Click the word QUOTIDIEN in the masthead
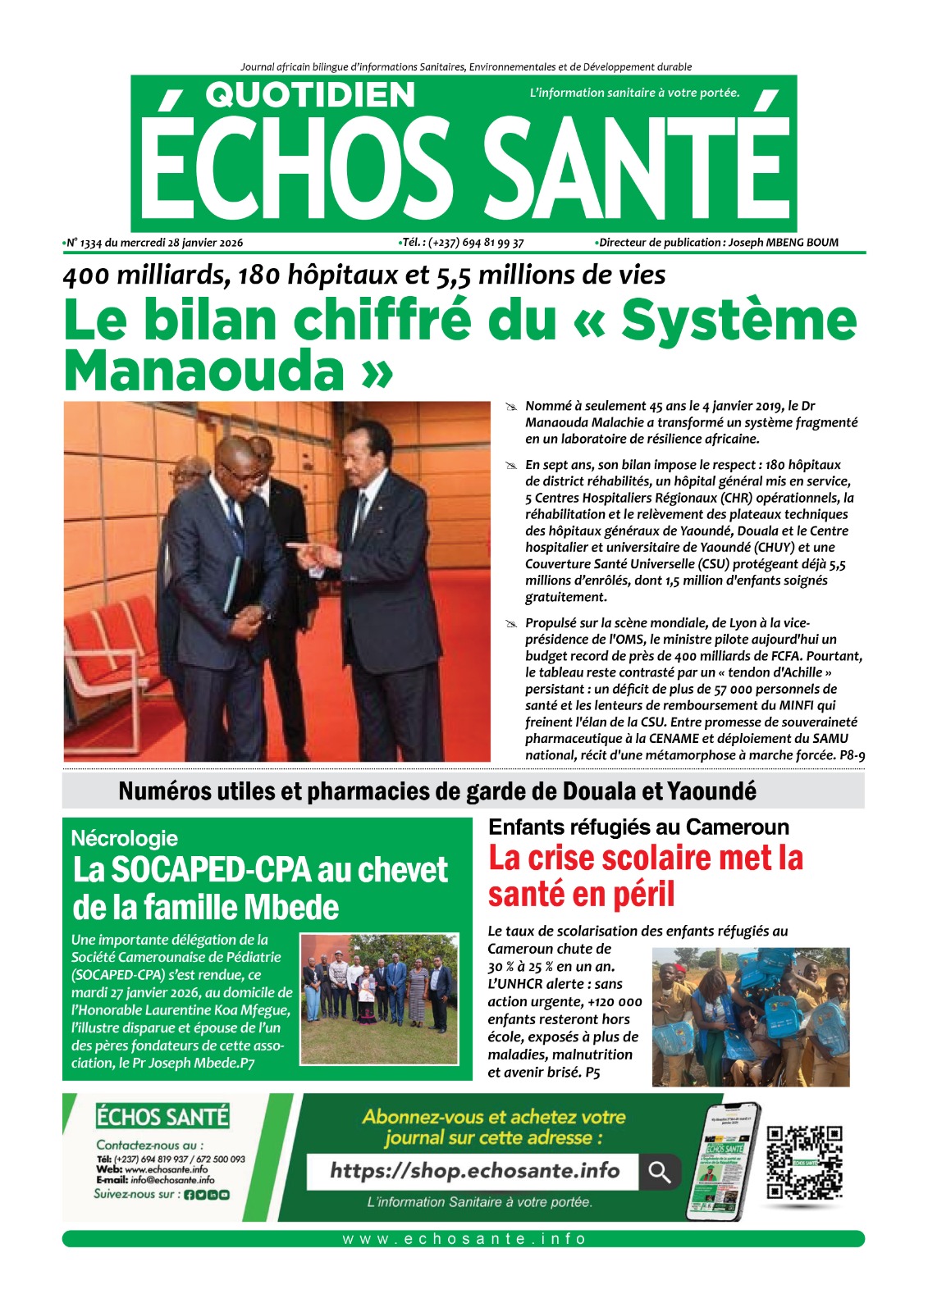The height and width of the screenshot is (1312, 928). click(310, 95)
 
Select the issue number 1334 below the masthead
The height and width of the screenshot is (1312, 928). click(91, 243)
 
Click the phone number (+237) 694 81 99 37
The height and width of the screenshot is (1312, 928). click(476, 243)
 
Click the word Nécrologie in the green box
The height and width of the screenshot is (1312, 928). click(124, 838)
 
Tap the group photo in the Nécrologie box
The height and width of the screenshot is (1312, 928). click(378, 999)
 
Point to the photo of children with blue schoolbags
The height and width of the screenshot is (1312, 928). click(750, 1016)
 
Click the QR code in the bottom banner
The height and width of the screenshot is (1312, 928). click(804, 1162)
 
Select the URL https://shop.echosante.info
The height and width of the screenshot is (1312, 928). click(474, 1171)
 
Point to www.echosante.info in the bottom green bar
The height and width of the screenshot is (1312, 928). click(464, 1239)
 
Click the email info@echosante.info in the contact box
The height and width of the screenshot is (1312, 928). click(172, 1180)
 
